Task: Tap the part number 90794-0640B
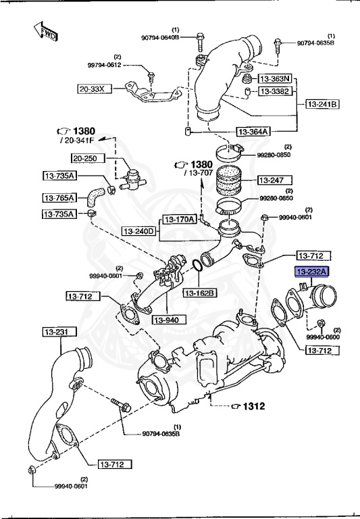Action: coord(160,38)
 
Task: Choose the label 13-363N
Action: coord(276,78)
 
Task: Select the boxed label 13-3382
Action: coord(276,91)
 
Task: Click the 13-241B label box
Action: coord(323,104)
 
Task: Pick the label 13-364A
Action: coord(253,132)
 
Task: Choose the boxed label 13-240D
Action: coord(140,232)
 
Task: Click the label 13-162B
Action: coord(200,293)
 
